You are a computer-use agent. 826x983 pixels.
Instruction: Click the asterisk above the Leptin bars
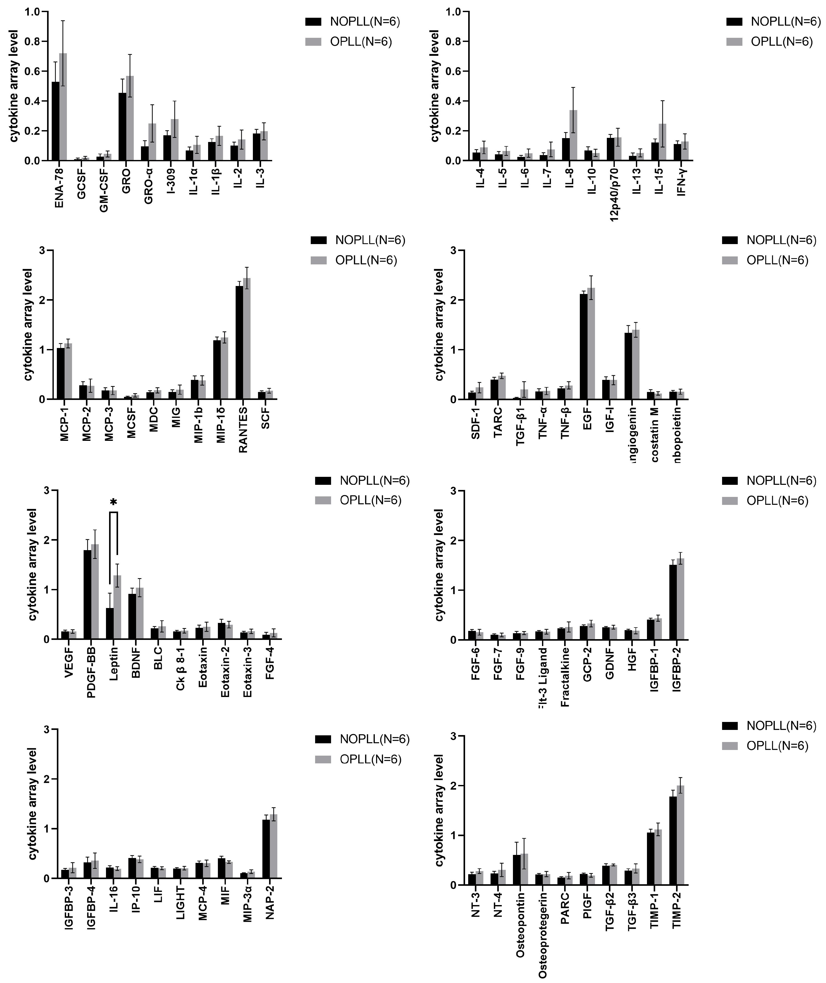coord(113,503)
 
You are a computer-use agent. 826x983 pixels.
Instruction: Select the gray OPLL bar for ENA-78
coord(63,108)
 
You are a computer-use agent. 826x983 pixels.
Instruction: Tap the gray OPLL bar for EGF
coord(591,344)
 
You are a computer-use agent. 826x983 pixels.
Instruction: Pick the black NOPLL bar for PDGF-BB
coord(87,594)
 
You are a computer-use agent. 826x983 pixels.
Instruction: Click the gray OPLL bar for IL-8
coord(573,136)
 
